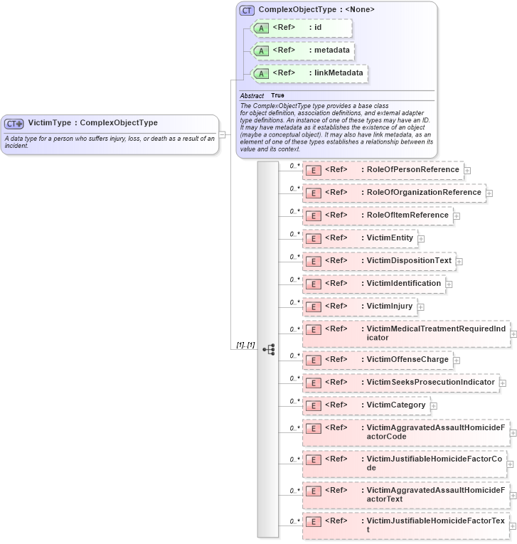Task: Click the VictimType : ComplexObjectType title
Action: pyautogui.click(x=92, y=123)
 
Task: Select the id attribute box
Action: pyautogui.click(x=302, y=28)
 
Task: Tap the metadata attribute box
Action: pyautogui.click(x=303, y=50)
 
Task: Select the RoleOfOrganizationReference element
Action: pyautogui.click(x=393, y=193)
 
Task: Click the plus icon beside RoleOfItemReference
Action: pyautogui.click(x=457, y=216)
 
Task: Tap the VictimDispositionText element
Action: pyautogui.click(x=379, y=261)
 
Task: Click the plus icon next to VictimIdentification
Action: pyautogui.click(x=449, y=284)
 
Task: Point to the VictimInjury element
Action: pyautogui.click(x=359, y=306)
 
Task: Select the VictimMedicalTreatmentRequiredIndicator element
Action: pyautogui.click(x=405, y=334)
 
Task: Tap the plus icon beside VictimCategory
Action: pyautogui.click(x=434, y=406)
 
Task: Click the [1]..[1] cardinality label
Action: pyautogui.click(x=246, y=345)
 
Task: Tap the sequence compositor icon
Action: pyautogui.click(x=268, y=349)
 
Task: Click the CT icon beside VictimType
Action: pyautogui.click(x=14, y=123)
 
